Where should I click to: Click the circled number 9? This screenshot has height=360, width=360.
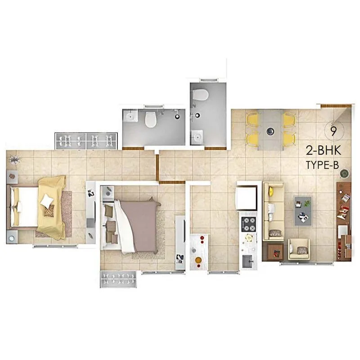(x=333, y=131)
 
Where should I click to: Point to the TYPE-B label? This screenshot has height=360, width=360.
(x=322, y=165)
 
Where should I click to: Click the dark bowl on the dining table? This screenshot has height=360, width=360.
(x=270, y=131)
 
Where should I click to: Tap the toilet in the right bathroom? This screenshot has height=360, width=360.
(x=199, y=95)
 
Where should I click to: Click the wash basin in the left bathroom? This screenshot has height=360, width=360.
(x=130, y=117)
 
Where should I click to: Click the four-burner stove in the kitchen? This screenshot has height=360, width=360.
(x=248, y=224)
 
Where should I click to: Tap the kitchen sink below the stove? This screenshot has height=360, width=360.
(x=247, y=260)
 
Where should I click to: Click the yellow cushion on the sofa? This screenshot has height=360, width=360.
(x=271, y=191)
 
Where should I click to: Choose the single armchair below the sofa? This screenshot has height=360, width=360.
(x=299, y=249)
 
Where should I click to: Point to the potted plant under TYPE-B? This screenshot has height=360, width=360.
(x=344, y=173)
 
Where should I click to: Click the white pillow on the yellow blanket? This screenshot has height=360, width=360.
(x=47, y=201)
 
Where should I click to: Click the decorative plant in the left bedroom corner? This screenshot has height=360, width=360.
(x=14, y=159)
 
